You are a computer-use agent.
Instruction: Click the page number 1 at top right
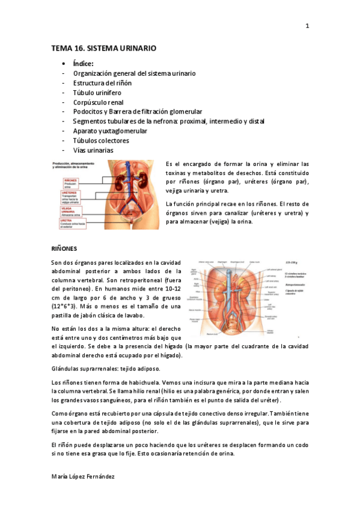point(307,26)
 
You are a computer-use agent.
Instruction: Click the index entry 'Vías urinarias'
point(93,150)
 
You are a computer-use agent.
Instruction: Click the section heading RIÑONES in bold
point(64,248)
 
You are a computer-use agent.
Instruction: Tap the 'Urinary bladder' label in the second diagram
point(270,330)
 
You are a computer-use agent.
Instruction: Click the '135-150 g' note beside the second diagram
point(292,263)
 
